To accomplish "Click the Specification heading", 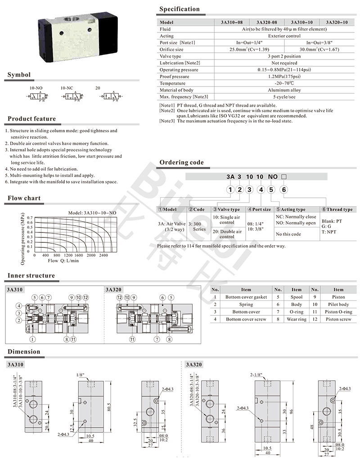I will (180, 9).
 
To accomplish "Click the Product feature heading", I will (32, 119).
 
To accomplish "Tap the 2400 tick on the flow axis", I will (103, 255).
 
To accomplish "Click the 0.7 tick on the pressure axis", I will (30, 218).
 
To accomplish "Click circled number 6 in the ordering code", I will (284, 190).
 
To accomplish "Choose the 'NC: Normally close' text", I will (296, 217).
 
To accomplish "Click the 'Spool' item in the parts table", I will (297, 297).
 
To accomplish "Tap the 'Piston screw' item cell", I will (338, 319).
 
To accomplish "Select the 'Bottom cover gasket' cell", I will (246, 297).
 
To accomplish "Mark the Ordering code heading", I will (181, 162).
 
